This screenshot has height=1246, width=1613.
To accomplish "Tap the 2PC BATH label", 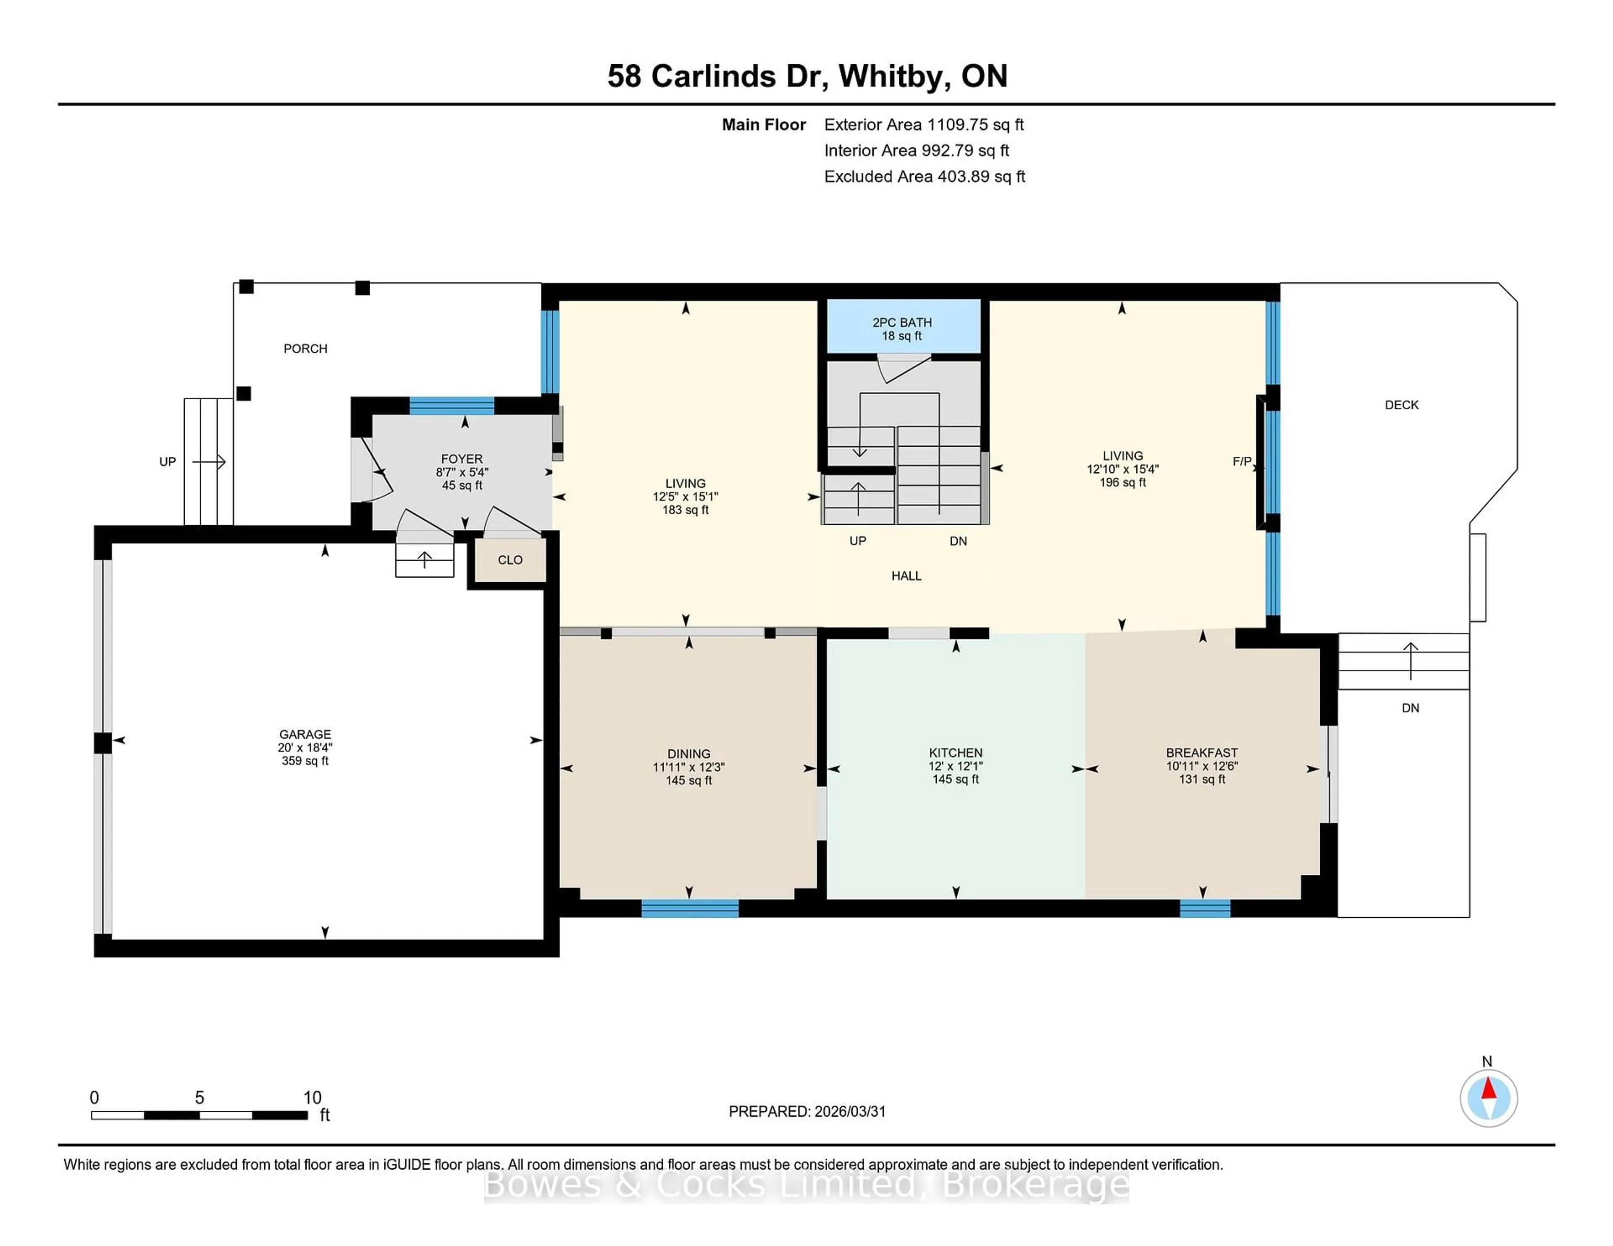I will click(902, 322).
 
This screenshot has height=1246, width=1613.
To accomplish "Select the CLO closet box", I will click(510, 560).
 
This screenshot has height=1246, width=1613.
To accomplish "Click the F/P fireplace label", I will click(1242, 461).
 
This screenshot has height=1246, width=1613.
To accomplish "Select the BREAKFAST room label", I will click(1202, 753).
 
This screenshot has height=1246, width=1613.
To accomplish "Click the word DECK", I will click(1401, 405).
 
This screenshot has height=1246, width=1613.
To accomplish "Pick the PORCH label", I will click(305, 348).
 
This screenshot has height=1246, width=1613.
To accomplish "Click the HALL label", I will click(906, 576).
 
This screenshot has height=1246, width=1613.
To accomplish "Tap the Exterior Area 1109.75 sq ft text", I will click(923, 125).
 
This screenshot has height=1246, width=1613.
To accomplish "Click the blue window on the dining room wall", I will click(689, 908).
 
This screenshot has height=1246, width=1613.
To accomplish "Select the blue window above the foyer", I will click(451, 405).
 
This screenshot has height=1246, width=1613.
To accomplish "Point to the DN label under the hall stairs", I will click(958, 541).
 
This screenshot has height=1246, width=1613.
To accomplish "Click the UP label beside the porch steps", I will click(168, 461).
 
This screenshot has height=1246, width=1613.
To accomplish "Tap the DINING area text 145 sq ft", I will click(688, 780).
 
